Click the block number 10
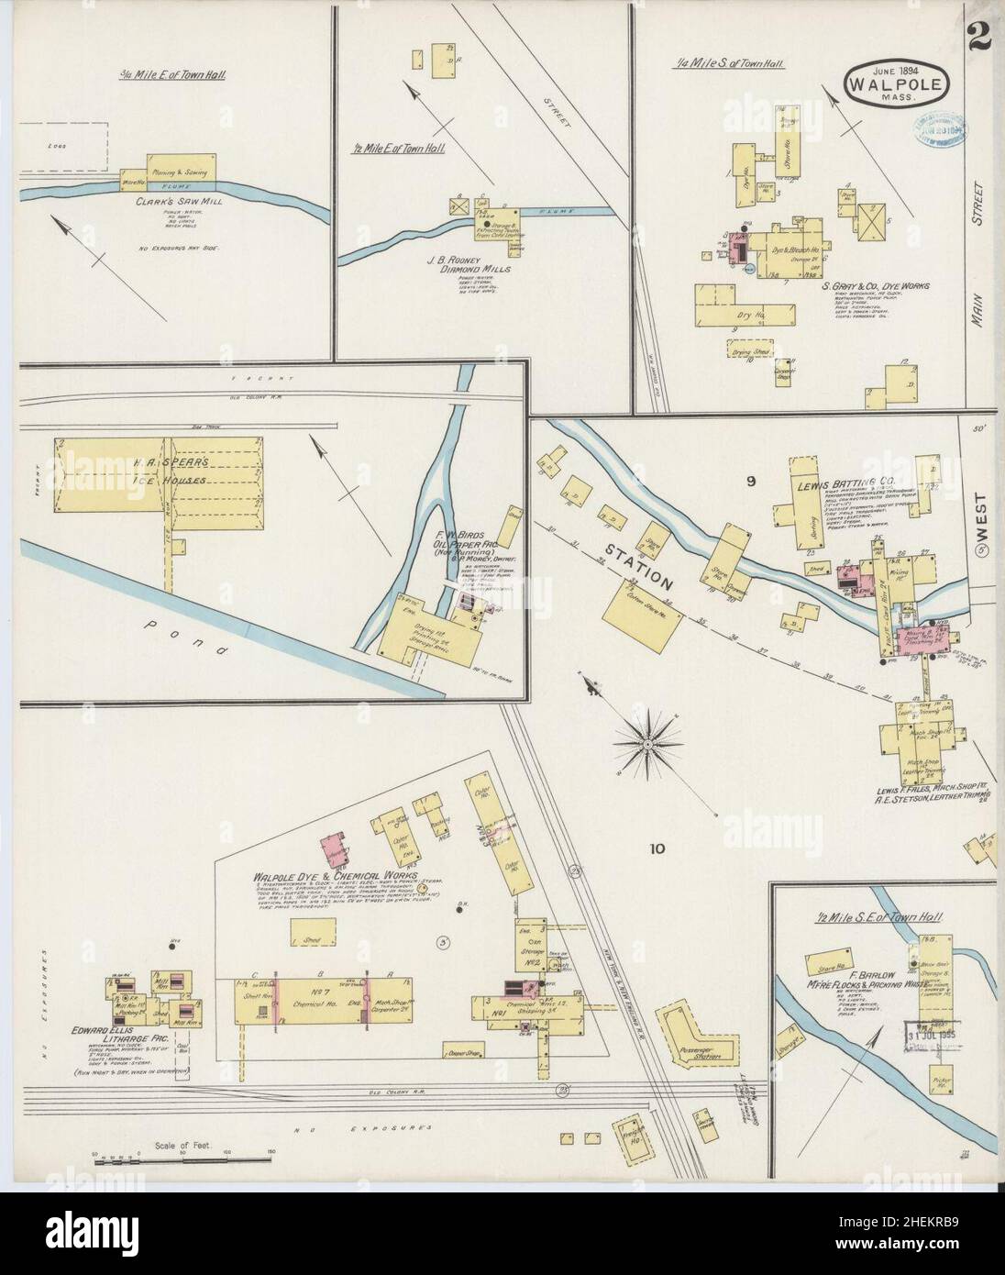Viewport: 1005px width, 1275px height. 657,848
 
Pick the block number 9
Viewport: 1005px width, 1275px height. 749,479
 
